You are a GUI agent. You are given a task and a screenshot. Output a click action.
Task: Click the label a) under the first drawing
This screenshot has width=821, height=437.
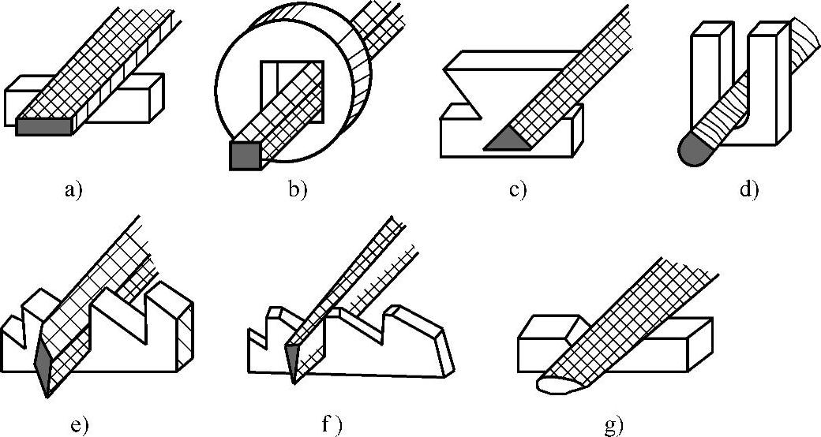point(73,190)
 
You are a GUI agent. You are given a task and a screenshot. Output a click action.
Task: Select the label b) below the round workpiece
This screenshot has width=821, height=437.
point(299,189)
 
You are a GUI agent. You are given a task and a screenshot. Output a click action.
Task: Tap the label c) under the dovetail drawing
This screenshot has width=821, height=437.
point(517,190)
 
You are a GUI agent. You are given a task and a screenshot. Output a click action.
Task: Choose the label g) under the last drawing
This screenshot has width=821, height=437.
point(613,427)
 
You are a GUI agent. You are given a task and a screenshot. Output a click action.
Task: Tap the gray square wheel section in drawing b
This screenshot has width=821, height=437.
point(244,155)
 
